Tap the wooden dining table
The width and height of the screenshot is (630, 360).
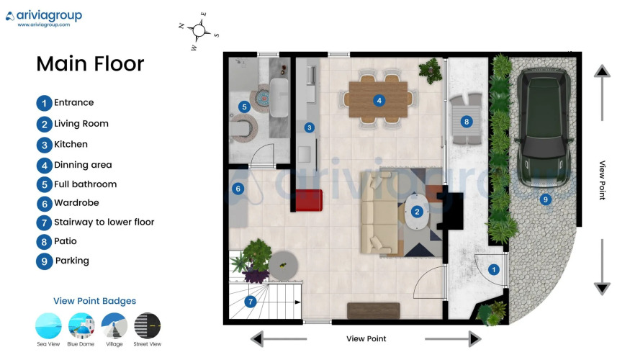[x=378, y=99]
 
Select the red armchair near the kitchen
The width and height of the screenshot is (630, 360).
[x=309, y=200]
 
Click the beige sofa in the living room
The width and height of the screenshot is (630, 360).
[x=379, y=212]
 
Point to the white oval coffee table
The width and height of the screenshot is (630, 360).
[x=417, y=212]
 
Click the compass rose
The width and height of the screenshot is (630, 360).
[x=199, y=30]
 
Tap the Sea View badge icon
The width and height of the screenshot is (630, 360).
[x=48, y=326]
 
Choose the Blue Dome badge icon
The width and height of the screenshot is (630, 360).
[x=81, y=326]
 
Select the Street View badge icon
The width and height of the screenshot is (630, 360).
[x=147, y=326]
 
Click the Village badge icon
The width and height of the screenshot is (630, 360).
[x=114, y=326]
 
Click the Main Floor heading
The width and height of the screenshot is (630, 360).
[x=90, y=63]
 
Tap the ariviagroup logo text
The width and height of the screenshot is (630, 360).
[x=49, y=16]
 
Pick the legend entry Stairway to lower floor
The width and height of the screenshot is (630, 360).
[x=104, y=222]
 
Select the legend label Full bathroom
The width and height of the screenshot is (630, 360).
[x=85, y=184]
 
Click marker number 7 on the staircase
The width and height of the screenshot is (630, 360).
[x=251, y=302]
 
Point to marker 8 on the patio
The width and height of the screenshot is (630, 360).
[x=466, y=122]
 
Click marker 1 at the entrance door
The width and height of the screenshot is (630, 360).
[x=493, y=269]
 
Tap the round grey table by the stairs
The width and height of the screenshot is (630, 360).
[x=283, y=265]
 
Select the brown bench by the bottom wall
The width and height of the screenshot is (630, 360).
[x=373, y=311]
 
